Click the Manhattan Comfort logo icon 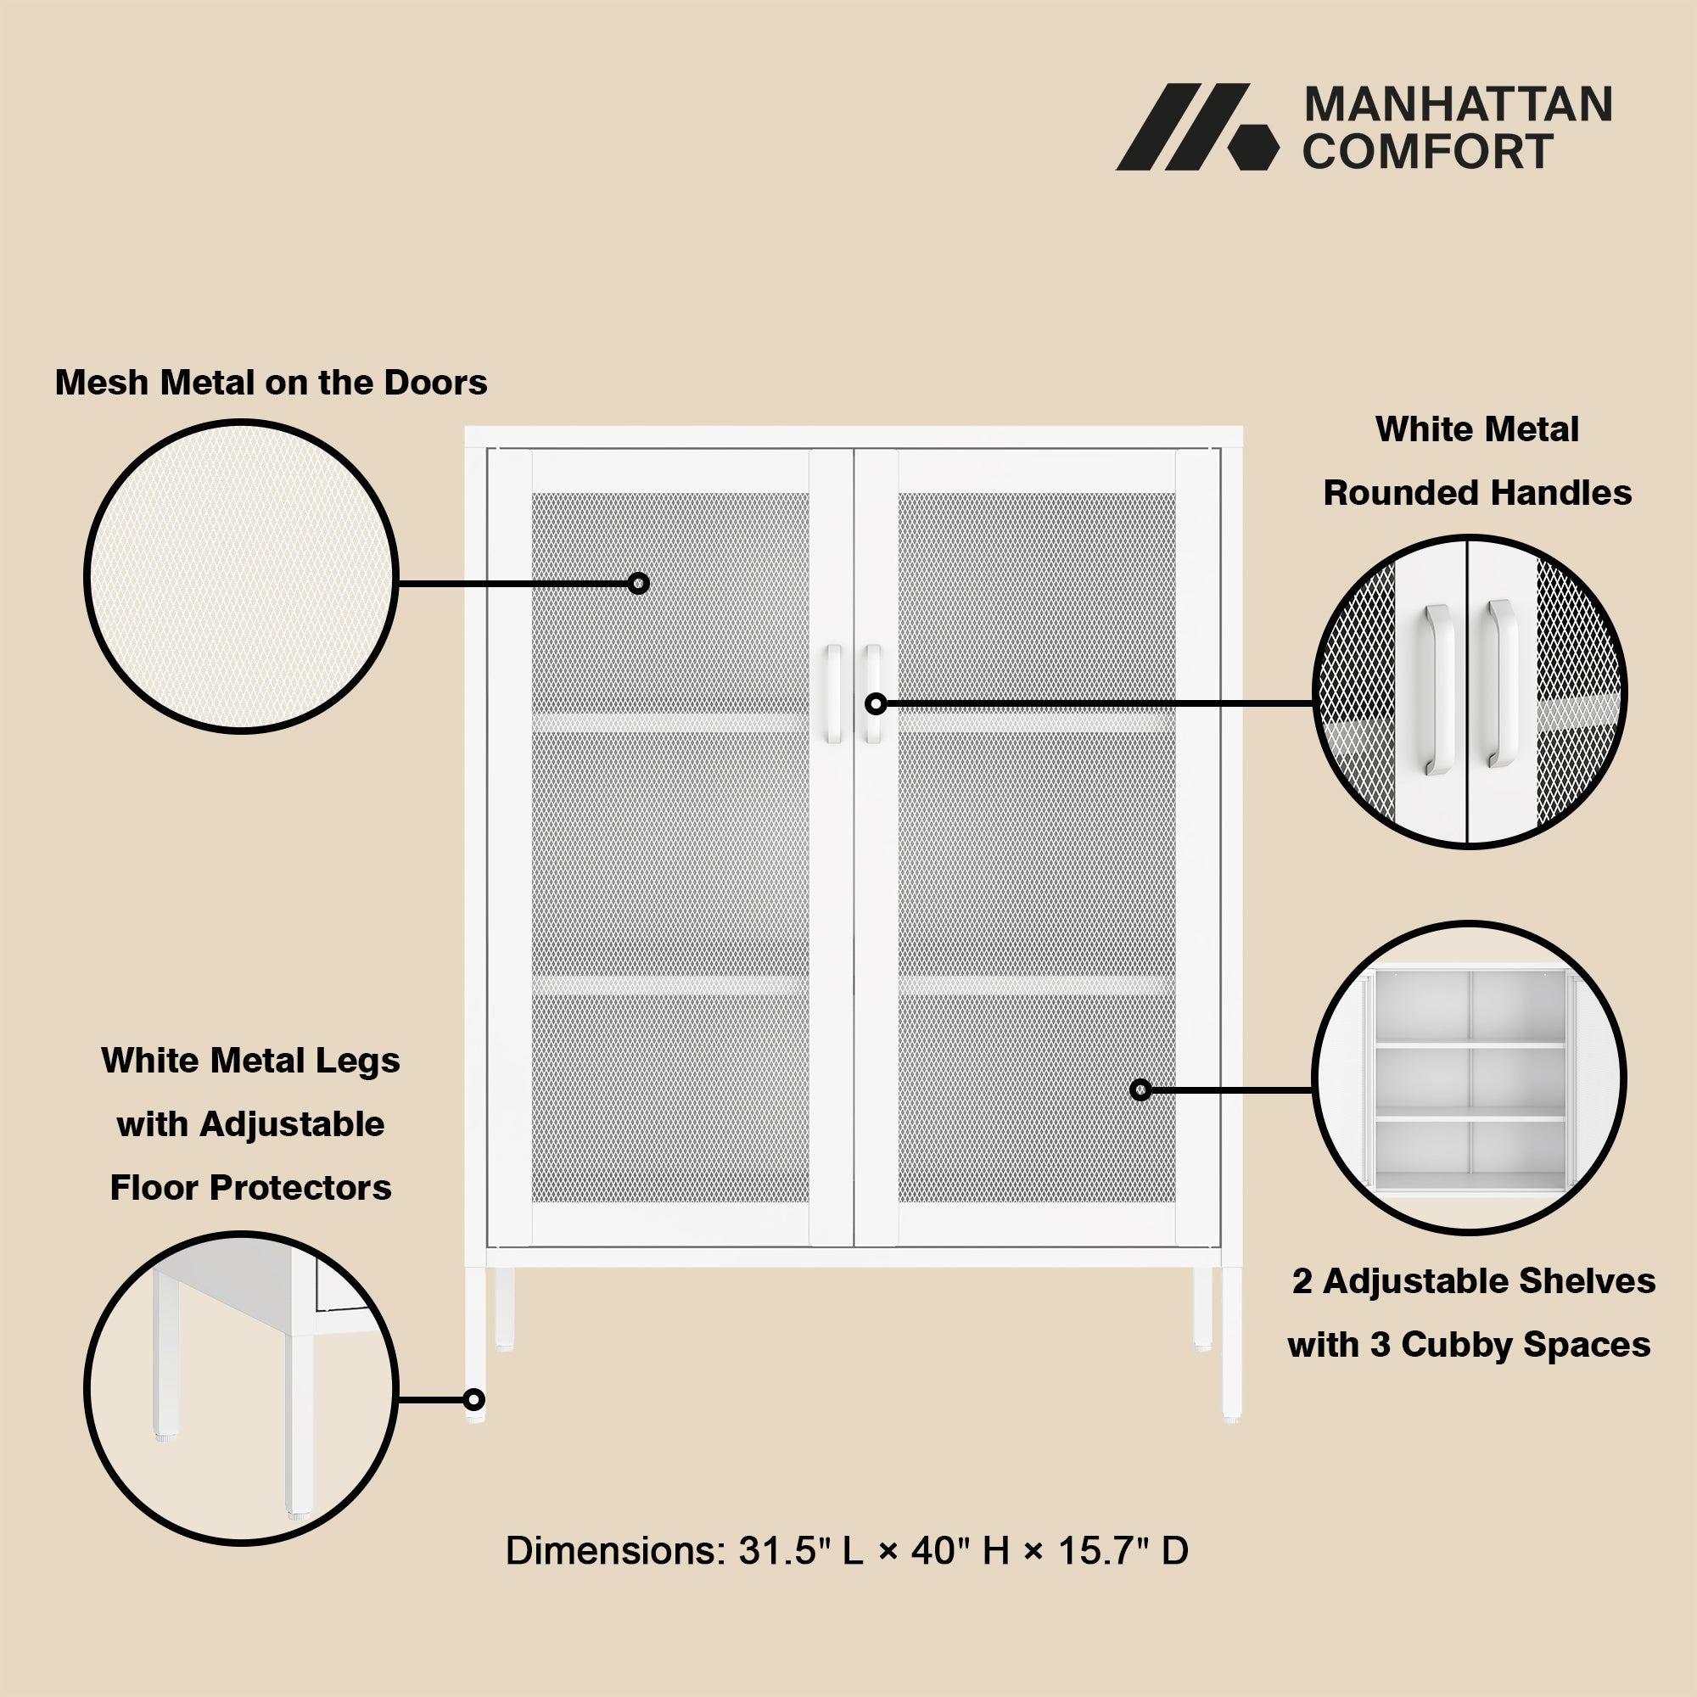coord(1197,126)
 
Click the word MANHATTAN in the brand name coord(1458,104)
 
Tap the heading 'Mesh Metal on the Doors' coord(271,382)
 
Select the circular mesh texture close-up coord(242,576)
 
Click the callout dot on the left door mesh coord(639,583)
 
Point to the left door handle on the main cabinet coord(832,694)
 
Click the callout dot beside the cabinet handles coord(876,703)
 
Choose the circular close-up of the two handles coord(1470,692)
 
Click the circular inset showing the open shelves coord(1470,1078)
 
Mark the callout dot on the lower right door coord(1141,1090)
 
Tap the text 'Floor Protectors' coord(250,1188)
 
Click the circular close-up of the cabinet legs coord(242,1388)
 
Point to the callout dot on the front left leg coord(473,1399)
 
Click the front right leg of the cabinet coord(1231,1345)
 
